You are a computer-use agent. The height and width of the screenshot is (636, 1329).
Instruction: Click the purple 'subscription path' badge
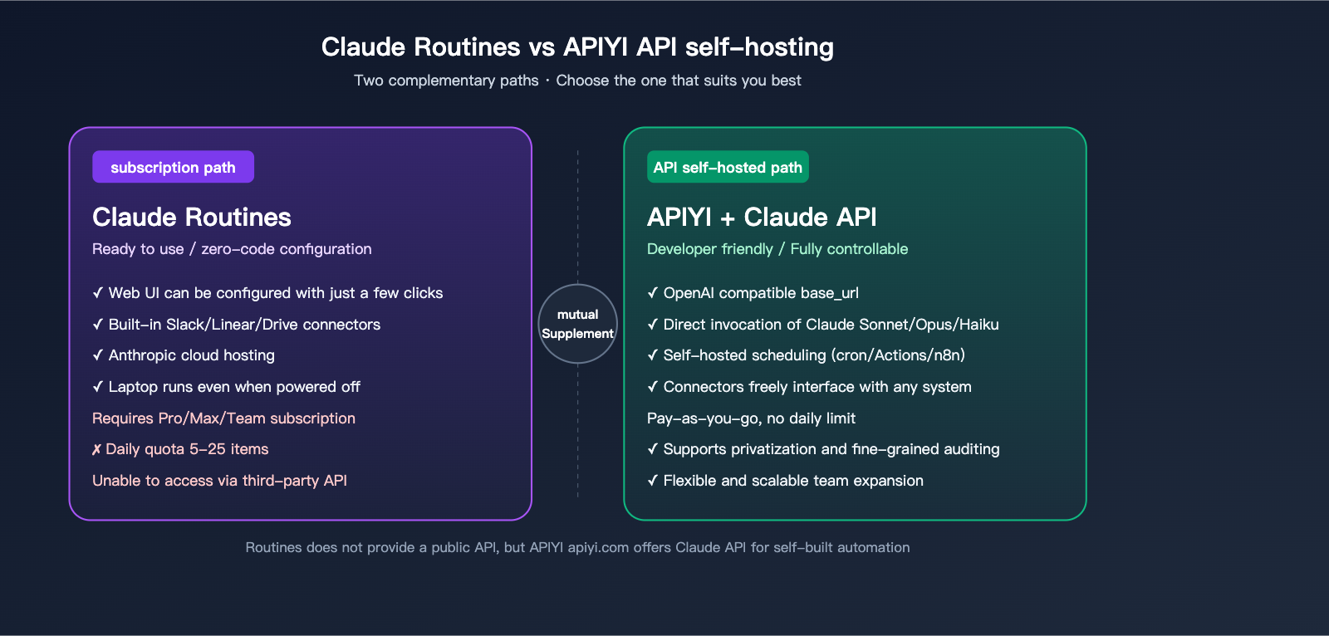(173, 167)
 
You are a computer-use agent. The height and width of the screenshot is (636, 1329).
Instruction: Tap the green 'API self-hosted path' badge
(728, 167)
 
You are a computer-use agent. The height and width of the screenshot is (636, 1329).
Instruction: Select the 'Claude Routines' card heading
(192, 217)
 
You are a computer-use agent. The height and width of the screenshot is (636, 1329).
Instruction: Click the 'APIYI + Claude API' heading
(762, 217)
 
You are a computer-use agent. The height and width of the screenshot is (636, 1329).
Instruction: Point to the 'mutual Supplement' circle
(577, 324)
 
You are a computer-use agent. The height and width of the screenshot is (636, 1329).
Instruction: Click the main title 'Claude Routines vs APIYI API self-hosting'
(577, 46)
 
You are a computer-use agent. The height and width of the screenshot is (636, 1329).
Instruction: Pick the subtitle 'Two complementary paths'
(446, 81)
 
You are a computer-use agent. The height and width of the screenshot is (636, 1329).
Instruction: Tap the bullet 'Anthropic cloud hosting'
(191, 355)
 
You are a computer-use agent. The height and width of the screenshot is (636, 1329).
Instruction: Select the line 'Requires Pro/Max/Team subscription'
(223, 418)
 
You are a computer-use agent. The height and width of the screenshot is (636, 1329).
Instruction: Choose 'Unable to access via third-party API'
(219, 481)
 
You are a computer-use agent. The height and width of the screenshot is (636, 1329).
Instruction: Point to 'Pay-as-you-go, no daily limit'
(751, 418)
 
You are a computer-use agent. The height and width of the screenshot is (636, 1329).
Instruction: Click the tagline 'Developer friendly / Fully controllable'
(777, 249)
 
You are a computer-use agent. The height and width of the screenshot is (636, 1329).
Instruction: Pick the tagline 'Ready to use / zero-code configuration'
(232, 249)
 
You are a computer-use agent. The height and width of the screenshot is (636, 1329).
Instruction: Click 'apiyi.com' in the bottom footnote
(598, 547)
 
